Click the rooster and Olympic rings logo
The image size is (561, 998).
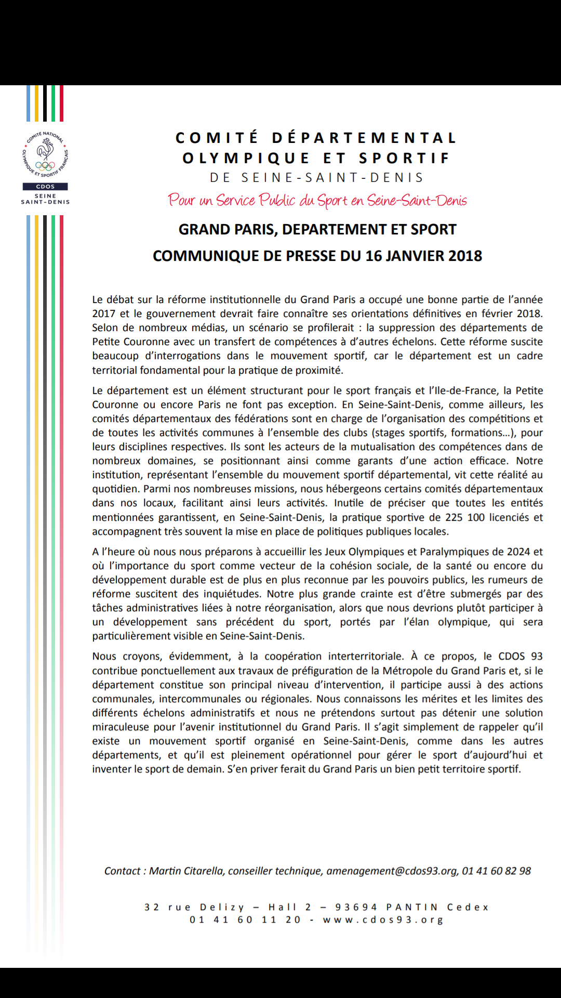[x=45, y=154]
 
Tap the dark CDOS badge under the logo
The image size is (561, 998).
[x=45, y=187]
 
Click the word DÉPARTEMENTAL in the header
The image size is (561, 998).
[x=364, y=138]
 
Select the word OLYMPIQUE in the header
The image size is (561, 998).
[x=246, y=159]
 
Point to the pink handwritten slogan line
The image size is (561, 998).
[x=317, y=201]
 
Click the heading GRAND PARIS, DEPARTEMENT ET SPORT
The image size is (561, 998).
[x=317, y=230]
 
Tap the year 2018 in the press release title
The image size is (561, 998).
[x=465, y=256]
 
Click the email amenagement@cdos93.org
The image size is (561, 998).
[x=392, y=871]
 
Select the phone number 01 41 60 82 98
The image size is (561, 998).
[x=497, y=871]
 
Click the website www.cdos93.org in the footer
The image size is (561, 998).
[x=383, y=920]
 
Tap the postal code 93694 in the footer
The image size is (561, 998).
[x=356, y=908]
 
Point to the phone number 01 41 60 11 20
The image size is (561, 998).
[x=245, y=920]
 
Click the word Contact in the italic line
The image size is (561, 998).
[x=123, y=871]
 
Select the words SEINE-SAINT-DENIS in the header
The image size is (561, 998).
[x=332, y=178]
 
